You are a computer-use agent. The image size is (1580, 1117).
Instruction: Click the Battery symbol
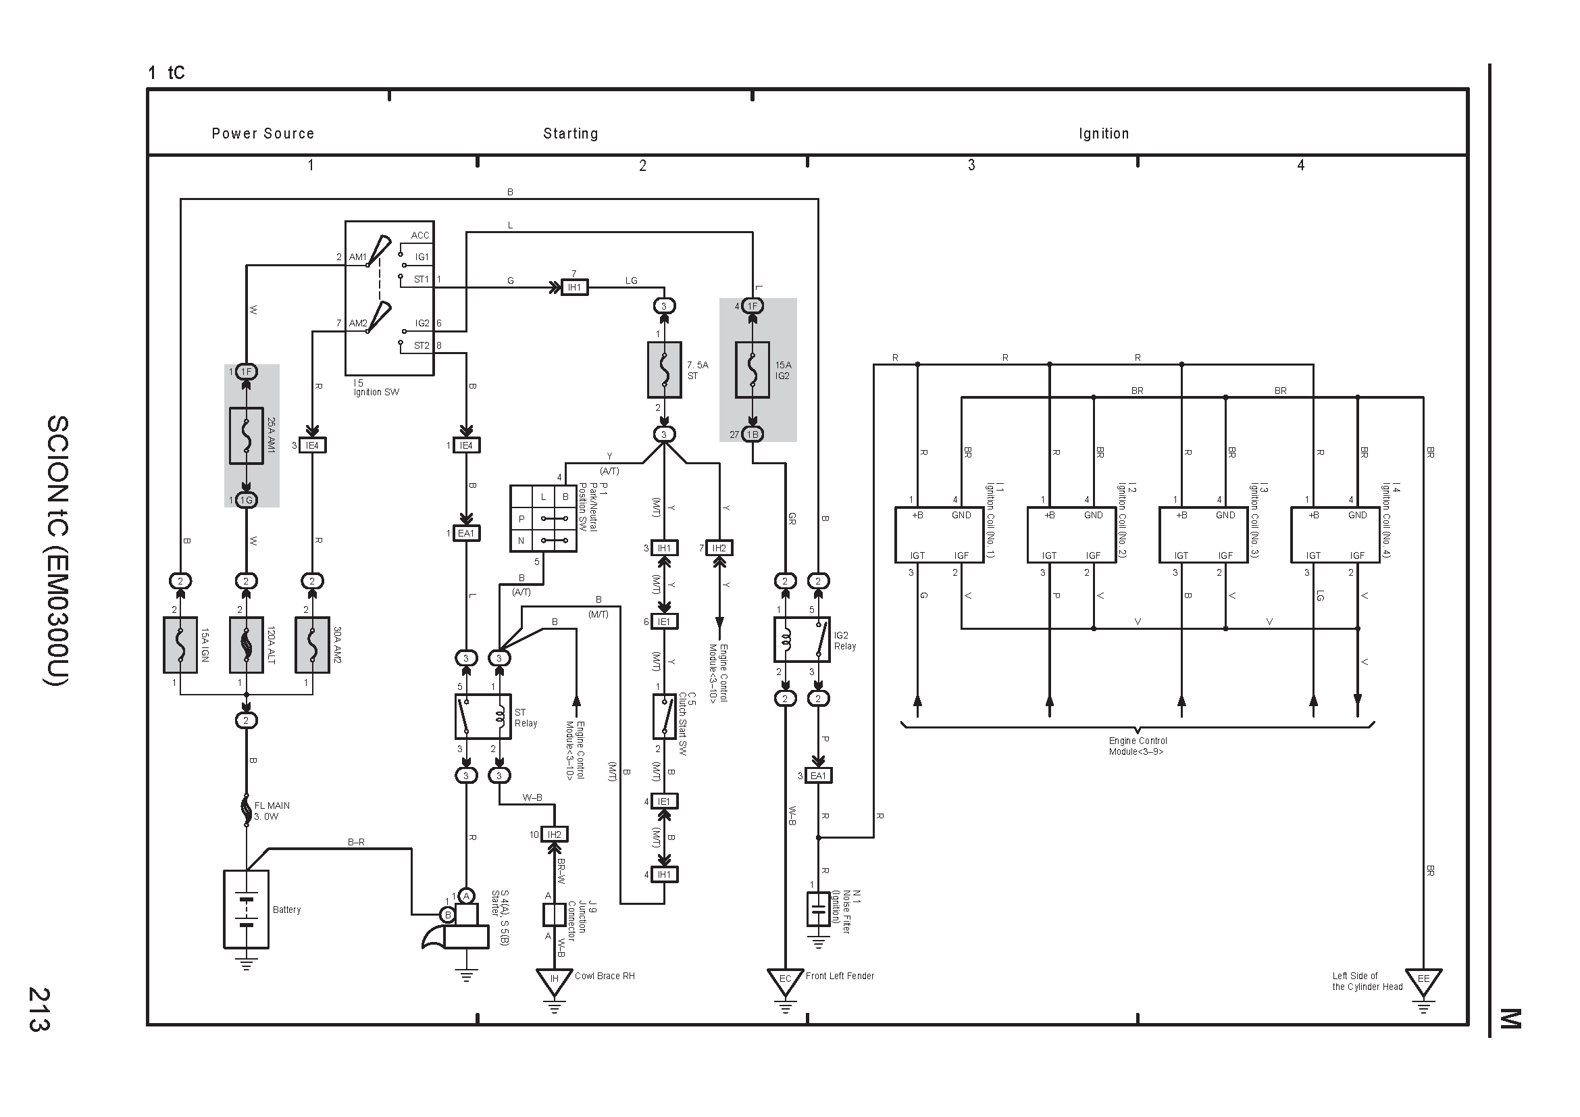[x=246, y=909]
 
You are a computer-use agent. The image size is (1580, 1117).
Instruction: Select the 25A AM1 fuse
[x=247, y=436]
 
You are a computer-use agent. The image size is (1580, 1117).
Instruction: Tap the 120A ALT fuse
[x=247, y=644]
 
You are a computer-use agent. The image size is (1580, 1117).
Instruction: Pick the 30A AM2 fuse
[x=313, y=644]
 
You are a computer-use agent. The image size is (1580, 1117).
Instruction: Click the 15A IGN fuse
[x=180, y=644]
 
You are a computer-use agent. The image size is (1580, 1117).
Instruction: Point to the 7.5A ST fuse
[x=665, y=370]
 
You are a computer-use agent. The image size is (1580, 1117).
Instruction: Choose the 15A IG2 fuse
[x=753, y=370]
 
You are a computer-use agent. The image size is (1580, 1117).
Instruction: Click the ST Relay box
[x=483, y=716]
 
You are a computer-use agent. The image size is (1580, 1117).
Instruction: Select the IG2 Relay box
[x=802, y=639]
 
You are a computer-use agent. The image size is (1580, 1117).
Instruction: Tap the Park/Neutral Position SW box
[x=543, y=518]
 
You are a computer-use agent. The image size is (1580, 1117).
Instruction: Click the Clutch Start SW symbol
[x=664, y=716]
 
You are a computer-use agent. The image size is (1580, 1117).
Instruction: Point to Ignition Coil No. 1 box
[x=940, y=535]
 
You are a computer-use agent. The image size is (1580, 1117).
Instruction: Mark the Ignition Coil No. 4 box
[x=1335, y=535]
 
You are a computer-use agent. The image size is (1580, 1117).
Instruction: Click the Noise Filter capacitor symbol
[x=818, y=909]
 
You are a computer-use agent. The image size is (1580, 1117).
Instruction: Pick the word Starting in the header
[x=571, y=134]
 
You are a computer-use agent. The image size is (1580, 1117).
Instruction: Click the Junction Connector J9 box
[x=554, y=915]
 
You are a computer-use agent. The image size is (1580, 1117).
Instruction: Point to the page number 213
[x=39, y=1009]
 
